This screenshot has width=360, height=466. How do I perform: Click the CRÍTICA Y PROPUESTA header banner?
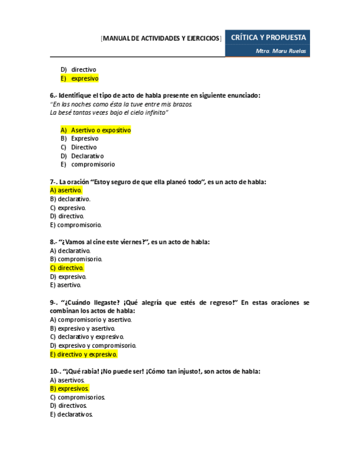click(x=268, y=37)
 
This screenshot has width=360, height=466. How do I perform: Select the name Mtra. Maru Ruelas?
click(x=281, y=51)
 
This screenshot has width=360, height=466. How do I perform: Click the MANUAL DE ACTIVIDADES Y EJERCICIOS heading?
click(x=162, y=38)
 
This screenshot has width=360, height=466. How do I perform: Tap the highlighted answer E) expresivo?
click(x=80, y=79)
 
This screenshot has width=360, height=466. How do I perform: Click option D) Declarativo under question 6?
click(x=82, y=156)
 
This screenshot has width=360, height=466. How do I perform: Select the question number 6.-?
click(x=53, y=95)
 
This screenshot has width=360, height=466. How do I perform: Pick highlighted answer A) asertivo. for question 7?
click(x=66, y=190)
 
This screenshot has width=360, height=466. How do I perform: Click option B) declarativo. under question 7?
click(x=70, y=199)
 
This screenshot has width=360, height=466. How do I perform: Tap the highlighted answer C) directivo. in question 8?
click(x=67, y=268)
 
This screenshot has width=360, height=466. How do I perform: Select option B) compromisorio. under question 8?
click(x=76, y=259)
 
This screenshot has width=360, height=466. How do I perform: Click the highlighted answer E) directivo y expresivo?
click(x=84, y=354)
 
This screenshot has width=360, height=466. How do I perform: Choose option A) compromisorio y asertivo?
click(x=91, y=319)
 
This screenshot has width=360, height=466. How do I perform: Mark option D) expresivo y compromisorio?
click(x=93, y=346)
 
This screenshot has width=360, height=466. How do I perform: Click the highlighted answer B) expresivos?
click(x=69, y=389)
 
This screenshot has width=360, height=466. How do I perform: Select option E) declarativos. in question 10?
click(x=71, y=414)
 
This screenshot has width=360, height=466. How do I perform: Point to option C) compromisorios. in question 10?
click(x=77, y=397)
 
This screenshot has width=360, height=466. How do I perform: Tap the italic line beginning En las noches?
click(x=121, y=104)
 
